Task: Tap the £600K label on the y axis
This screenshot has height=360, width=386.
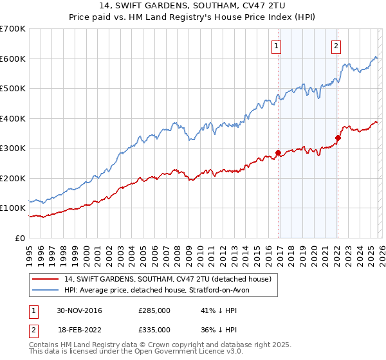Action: click(x=13, y=59)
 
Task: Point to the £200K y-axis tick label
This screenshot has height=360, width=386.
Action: click(x=13, y=178)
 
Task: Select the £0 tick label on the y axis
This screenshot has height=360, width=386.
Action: click(x=19, y=238)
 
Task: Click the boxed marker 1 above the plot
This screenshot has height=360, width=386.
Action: click(x=276, y=46)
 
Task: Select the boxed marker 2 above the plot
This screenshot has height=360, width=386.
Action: click(x=336, y=46)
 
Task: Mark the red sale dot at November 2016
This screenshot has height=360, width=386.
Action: click(x=278, y=153)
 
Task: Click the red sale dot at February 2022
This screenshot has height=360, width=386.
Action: click(x=338, y=138)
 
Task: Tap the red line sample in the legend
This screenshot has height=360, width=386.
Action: click(x=46, y=279)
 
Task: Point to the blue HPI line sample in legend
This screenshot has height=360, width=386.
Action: click(x=46, y=291)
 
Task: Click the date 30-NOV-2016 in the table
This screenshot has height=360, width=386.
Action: click(x=79, y=310)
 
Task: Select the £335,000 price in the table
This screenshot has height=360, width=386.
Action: click(x=154, y=329)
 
